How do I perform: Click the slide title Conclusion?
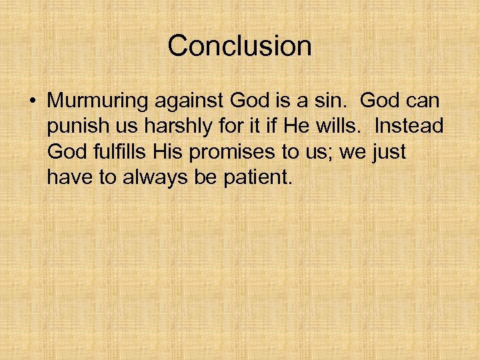point(239,46)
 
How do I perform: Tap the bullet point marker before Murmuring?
point(32,101)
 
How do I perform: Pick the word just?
point(390,153)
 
